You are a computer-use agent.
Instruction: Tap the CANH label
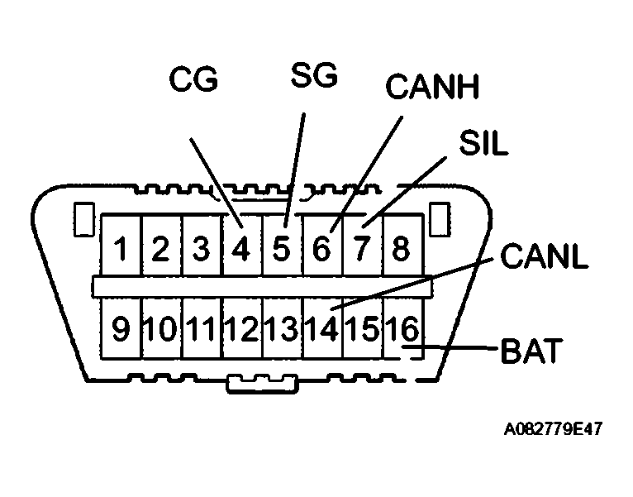coord(432,87)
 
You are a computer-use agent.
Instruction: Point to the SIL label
coord(483,144)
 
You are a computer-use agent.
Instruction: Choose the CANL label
coord(544,257)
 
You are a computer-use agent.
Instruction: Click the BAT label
coord(531,351)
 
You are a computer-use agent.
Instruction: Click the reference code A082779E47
coord(553,430)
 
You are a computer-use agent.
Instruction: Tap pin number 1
coord(121,249)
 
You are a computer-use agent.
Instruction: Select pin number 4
coord(240,249)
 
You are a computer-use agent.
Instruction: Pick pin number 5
coord(281,249)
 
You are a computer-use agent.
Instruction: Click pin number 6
coord(321,249)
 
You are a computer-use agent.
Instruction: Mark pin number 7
coord(361,249)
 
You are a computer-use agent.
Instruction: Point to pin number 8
coord(401,249)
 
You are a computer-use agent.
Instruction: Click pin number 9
coord(121,329)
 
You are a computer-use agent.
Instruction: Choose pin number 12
coord(240,329)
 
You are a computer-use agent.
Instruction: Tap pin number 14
coord(321,329)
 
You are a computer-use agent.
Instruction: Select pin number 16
coord(402,329)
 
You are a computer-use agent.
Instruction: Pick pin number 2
coord(160,249)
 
